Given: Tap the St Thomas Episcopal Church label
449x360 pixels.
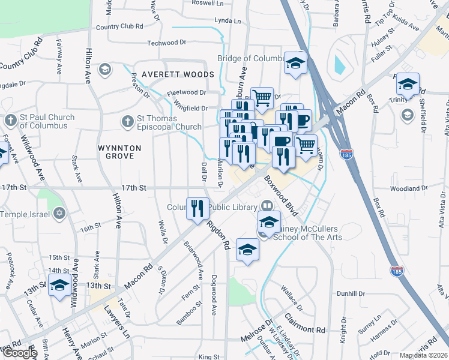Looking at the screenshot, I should [169, 122].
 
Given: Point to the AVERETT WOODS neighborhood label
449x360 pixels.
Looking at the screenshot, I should [185, 74].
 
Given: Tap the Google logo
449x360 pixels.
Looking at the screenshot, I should [19, 353].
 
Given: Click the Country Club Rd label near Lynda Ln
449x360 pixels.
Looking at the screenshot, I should [119, 27].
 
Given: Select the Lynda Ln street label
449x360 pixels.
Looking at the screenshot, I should [228, 21].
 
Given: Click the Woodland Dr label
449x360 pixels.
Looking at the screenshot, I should [408, 188].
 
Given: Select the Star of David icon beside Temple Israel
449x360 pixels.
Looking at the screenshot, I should [59, 214].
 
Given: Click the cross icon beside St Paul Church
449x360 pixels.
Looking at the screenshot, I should [10, 120].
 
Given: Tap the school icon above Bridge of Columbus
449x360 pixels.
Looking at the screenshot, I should [295, 64].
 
